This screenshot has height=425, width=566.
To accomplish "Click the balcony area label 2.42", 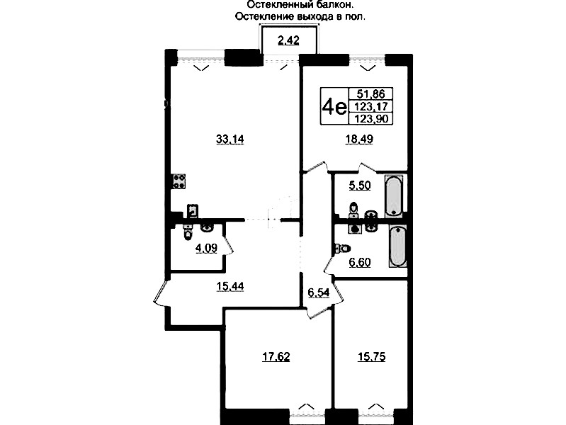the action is click(x=288, y=40).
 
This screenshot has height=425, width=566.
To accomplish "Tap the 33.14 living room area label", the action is click(x=230, y=139).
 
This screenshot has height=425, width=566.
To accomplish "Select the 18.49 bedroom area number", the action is click(x=359, y=139).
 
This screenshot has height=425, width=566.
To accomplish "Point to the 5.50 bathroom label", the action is click(x=360, y=186).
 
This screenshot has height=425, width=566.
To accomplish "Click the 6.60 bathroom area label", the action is click(x=360, y=262).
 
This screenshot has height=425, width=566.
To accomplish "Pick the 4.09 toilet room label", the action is click(x=206, y=249).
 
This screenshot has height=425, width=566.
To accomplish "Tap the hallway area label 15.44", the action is click(x=230, y=287).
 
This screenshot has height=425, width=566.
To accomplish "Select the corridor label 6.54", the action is click(x=318, y=293).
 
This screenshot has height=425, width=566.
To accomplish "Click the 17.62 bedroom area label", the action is click(x=276, y=357).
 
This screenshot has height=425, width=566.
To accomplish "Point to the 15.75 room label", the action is click(x=371, y=357).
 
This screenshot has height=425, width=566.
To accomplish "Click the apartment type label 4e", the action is click(x=334, y=106).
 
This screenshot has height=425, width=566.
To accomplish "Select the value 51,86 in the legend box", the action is click(x=370, y=94).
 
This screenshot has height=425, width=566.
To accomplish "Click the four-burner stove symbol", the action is click(x=179, y=181).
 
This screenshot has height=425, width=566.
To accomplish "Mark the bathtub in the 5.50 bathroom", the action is click(x=393, y=195).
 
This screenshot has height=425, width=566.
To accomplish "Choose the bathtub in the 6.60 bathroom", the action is click(x=398, y=246).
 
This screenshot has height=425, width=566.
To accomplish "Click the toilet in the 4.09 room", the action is click(x=188, y=232).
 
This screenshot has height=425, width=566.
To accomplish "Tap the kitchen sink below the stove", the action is click(x=193, y=211).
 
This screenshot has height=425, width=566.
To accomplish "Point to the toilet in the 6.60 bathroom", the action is click(x=344, y=248).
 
